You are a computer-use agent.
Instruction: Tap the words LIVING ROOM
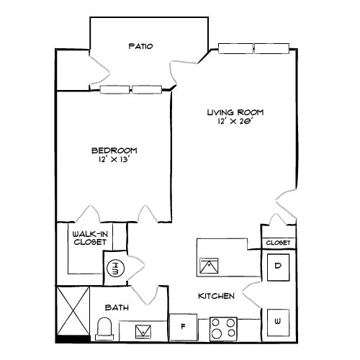(235, 112)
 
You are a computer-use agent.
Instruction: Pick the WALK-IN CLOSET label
(89, 238)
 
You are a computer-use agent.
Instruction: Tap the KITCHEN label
(217, 297)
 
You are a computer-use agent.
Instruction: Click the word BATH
(117, 308)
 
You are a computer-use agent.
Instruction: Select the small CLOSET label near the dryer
(278, 243)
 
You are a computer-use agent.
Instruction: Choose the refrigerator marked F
(184, 326)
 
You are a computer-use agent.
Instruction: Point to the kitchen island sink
(209, 266)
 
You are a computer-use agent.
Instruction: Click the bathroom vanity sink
(143, 330)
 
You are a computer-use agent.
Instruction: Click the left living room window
(235, 48)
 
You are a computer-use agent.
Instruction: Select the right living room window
(271, 48)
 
